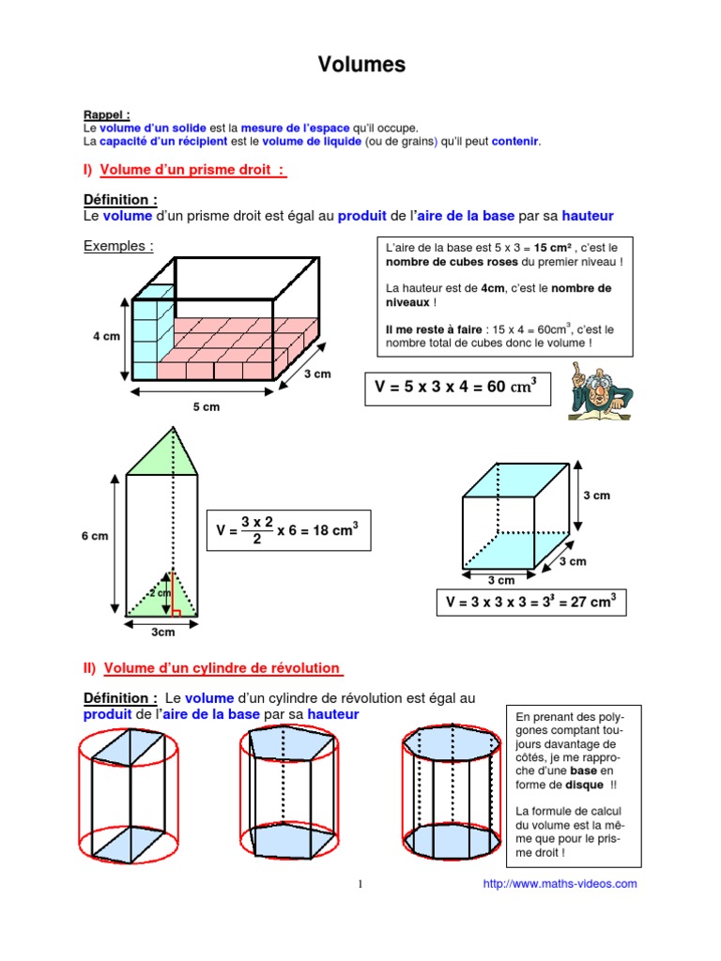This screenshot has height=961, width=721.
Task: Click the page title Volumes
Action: click(x=361, y=65)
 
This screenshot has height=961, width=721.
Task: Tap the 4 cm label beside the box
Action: click(x=105, y=336)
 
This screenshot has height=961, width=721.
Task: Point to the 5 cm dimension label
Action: click(x=207, y=406)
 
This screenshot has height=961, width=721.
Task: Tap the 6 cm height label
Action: click(x=94, y=536)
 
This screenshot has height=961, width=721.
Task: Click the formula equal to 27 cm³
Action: click(x=531, y=603)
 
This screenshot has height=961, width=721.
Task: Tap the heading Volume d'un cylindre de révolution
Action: click(x=222, y=668)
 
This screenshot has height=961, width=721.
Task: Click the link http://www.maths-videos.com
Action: click(x=560, y=883)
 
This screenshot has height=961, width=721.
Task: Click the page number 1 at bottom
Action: click(x=360, y=884)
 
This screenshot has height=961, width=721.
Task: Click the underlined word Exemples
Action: click(x=117, y=246)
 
